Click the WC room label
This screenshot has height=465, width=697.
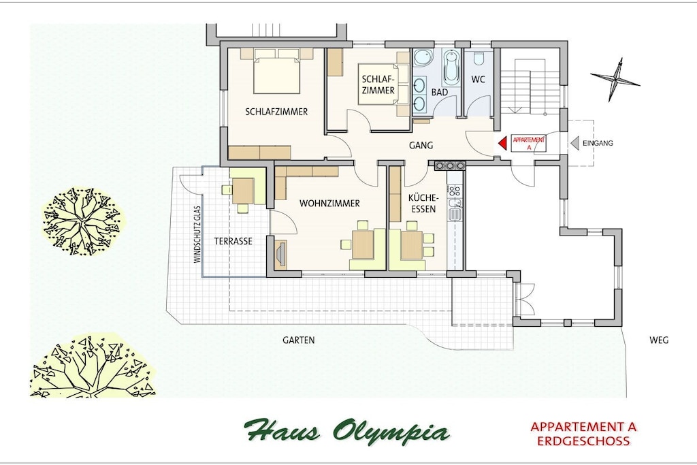pyautogui.click(x=479, y=80)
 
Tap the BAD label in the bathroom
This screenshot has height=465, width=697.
pyautogui.click(x=440, y=93)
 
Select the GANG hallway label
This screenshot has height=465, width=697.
pyautogui.click(x=421, y=146)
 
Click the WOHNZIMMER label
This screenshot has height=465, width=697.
pyautogui.click(x=329, y=204)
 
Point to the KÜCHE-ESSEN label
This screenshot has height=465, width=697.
pyautogui.click(x=423, y=203)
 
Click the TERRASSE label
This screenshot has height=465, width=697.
pyautogui.click(x=233, y=242)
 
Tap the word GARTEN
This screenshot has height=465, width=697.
pyautogui.click(x=299, y=340)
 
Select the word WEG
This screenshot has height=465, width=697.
pyautogui.click(x=659, y=340)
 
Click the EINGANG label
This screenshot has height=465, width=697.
pyautogui.click(x=598, y=143)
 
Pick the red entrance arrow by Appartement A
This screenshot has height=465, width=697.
pyautogui.click(x=502, y=143)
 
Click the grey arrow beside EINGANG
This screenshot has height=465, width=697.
pyautogui.click(x=574, y=143)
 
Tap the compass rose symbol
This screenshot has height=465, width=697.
pyautogui.click(x=615, y=80)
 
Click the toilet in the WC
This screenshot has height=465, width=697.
pyautogui.click(x=479, y=59)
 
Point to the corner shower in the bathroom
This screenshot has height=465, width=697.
pyautogui.click(x=421, y=59)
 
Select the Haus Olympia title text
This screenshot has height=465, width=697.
pyautogui.click(x=346, y=430)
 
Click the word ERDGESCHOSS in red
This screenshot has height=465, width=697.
pyautogui.click(x=583, y=441)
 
